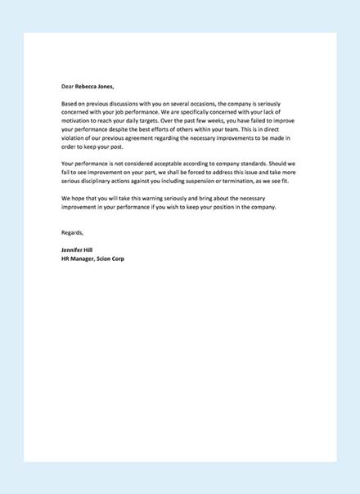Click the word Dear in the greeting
(x=68, y=84)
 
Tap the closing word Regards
(x=73, y=234)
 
